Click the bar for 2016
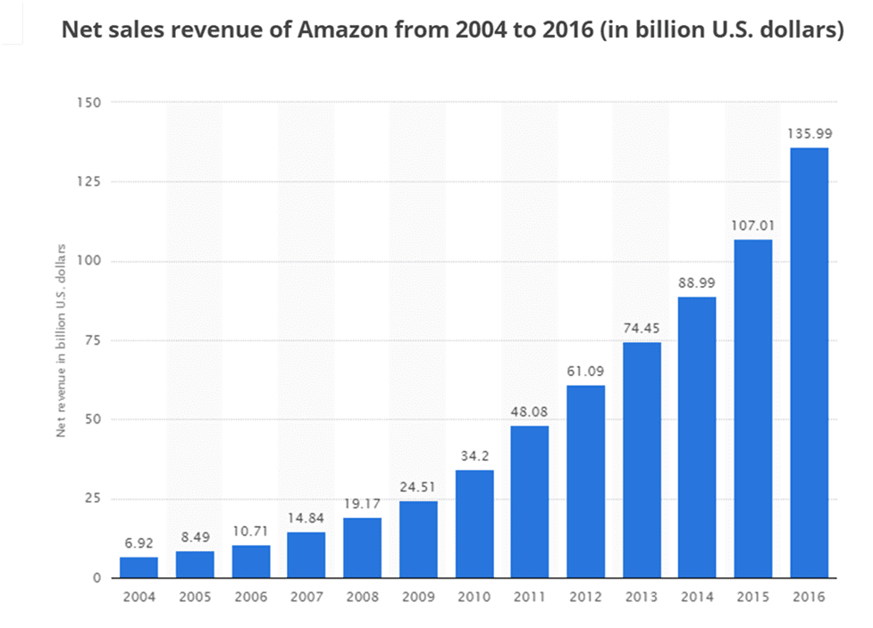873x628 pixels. tap(810, 363)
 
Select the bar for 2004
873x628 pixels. tap(139, 567)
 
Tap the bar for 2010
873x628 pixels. tap(474, 523)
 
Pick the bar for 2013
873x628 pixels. tap(642, 460)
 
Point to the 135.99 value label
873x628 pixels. tap(810, 133)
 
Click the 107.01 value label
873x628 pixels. tap(753, 225)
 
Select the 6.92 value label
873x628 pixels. tap(139, 542)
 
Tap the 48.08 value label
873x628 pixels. tap(530, 412)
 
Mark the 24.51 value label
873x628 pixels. tap(418, 487)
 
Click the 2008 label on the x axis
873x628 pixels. tap(362, 595)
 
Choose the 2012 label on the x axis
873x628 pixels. tap(586, 595)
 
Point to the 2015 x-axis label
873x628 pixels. tap(753, 595)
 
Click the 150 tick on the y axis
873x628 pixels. tap(88, 103)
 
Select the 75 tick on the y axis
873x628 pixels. tap(92, 340)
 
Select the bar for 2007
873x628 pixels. tap(306, 555)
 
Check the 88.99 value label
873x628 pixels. tap(697, 282)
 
